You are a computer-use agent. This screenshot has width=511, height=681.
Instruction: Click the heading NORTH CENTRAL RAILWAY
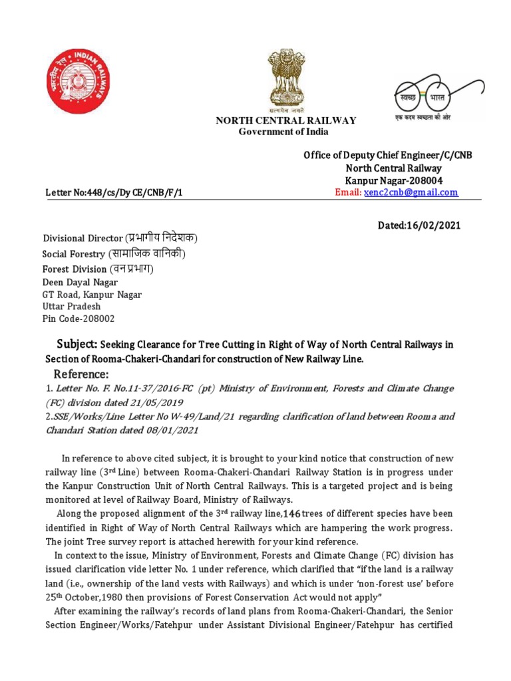[x=285, y=120]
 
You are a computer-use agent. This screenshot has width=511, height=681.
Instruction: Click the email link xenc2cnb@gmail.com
[x=411, y=192]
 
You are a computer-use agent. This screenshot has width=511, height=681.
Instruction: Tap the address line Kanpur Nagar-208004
[x=393, y=180]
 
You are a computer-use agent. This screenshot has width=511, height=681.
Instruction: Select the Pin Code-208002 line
[x=79, y=319]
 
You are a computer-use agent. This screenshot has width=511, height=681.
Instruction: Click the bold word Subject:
[x=77, y=344]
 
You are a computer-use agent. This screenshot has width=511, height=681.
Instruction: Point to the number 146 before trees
[x=293, y=513]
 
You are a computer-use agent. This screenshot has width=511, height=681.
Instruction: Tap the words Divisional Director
[x=83, y=238]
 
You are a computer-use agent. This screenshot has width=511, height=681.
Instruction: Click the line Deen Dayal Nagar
[x=80, y=282]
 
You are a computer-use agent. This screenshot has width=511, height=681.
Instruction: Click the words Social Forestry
[x=73, y=254]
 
